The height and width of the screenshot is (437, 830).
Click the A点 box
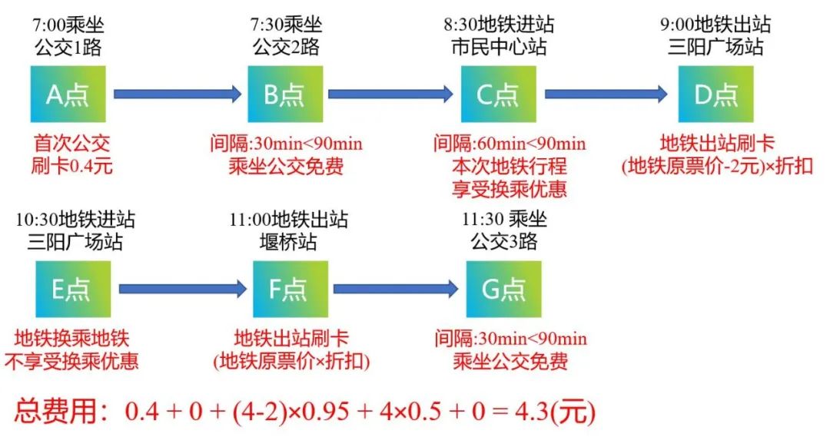(x=68, y=94)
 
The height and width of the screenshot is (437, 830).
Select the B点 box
(x=285, y=94)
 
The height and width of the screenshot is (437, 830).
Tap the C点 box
(x=499, y=94)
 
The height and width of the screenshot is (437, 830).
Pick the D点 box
(x=715, y=94)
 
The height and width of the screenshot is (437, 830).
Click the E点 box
(x=73, y=289)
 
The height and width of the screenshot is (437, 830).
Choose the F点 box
(x=290, y=289)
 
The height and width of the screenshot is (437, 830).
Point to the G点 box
(x=504, y=289)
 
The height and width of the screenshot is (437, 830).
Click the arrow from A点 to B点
(x=178, y=94)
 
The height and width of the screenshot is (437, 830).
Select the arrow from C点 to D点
(x=606, y=94)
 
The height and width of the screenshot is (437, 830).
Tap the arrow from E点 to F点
(x=183, y=289)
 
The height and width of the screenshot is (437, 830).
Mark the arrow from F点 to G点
(x=396, y=289)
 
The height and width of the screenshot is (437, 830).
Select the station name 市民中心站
(x=499, y=47)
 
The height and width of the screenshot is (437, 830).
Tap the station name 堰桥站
(x=288, y=242)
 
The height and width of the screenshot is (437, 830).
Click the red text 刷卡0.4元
(x=72, y=166)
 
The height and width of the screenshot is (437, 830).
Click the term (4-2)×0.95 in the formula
(x=290, y=411)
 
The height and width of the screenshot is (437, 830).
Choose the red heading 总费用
(x=56, y=411)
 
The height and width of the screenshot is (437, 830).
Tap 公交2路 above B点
(x=286, y=47)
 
